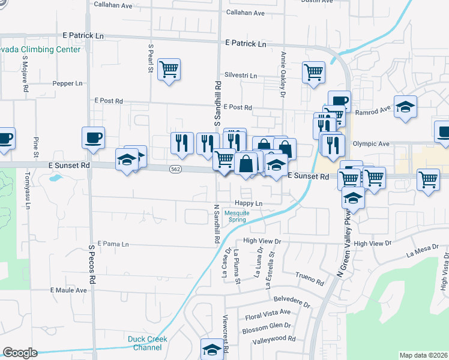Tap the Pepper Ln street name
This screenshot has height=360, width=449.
point(67,84)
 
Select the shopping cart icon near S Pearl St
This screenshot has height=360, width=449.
point(170,70)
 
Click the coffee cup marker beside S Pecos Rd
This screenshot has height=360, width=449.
point(93,138)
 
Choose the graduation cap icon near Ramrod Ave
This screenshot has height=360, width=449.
point(406,107)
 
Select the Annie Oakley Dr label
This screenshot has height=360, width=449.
point(282,73)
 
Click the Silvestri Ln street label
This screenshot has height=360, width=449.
point(240,76)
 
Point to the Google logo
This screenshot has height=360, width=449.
point(20,353)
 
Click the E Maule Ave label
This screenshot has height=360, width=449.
point(68,290)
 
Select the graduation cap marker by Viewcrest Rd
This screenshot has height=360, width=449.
point(211,349)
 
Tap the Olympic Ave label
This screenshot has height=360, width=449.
point(371,144)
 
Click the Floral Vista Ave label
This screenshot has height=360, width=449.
point(266,313)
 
